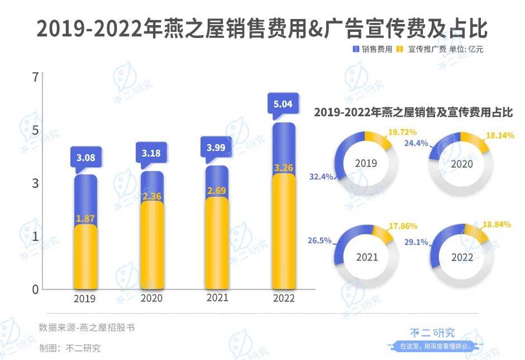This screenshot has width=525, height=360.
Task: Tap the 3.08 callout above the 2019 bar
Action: pos(85,158)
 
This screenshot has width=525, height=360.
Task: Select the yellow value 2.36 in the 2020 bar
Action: pos(152,196)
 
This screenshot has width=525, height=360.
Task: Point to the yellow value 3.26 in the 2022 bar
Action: pos(284,167)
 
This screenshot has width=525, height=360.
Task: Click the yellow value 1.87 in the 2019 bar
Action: pos(85,218)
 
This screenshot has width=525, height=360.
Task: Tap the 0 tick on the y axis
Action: pos(36,290)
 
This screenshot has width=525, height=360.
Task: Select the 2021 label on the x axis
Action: pos(217,298)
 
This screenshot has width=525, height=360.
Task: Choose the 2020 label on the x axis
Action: pos(151,299)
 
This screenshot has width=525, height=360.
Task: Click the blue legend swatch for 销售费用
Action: pos(355,49)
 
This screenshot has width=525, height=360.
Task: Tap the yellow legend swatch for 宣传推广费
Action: pos(399,49)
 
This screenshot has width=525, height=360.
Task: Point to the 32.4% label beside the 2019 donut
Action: pos(321,177)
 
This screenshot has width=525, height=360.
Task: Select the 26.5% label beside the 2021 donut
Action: pos(319,241)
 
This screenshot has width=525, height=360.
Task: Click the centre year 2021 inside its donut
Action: pos(366,258)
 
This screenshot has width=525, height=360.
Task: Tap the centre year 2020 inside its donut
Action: pos(462,164)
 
